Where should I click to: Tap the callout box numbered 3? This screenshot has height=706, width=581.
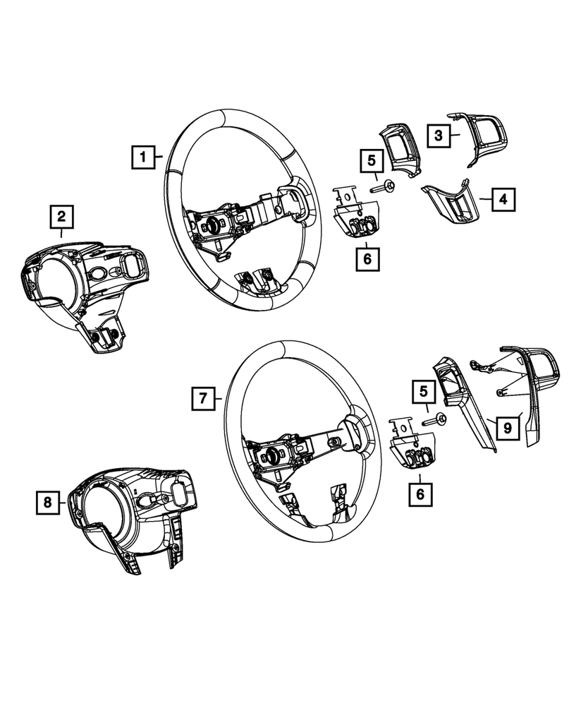[x=438, y=134]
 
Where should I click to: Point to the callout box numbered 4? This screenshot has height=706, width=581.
[x=503, y=200]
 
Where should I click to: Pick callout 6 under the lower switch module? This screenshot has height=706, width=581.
[x=421, y=494]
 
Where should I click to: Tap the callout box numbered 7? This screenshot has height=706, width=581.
[x=202, y=399]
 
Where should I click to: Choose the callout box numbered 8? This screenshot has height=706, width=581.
[x=48, y=502]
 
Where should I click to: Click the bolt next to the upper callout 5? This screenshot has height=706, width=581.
[x=384, y=188]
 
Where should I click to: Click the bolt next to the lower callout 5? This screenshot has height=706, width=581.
[x=436, y=419]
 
